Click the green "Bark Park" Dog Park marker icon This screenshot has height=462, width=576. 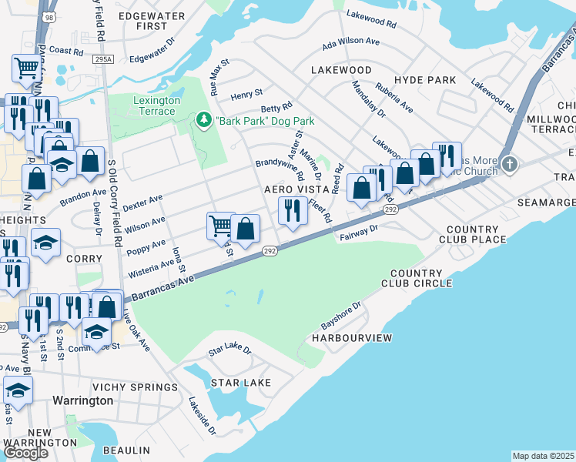[x=204, y=120]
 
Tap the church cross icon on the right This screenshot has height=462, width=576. [x=510, y=164]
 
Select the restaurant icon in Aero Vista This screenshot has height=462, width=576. [x=291, y=211]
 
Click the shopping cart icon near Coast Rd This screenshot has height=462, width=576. [x=26, y=68]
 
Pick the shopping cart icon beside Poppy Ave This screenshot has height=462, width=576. [x=220, y=226]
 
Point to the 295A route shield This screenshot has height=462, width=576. [x=101, y=59]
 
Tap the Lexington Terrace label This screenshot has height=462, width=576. [x=156, y=105]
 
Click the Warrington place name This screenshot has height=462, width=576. [x=82, y=400]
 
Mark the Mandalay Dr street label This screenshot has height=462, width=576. [x=369, y=99]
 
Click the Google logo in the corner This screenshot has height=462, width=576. [x=25, y=452]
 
